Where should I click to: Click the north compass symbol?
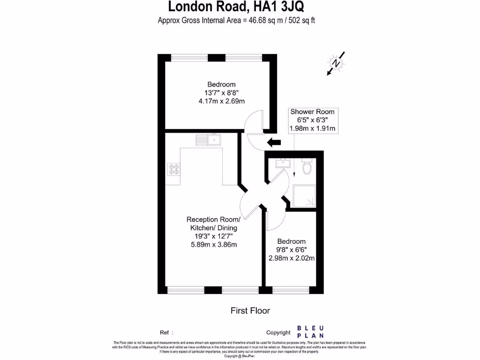coord(336,63)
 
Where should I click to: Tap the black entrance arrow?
coord(273,142)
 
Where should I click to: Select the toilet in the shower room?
coord(307,166)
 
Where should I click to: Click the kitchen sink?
coord(209,139)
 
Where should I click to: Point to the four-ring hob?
coord(173,169)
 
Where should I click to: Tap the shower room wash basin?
coord(283,163)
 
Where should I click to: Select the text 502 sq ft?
coord(305,21)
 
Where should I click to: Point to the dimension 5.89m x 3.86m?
coord(213,245)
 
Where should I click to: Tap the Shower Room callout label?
coord(312,112)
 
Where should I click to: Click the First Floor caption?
coord(250,310)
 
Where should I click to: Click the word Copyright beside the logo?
coord(278,332)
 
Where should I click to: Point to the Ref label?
coord(165,332)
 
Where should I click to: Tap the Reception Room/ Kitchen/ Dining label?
coord(213,224)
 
